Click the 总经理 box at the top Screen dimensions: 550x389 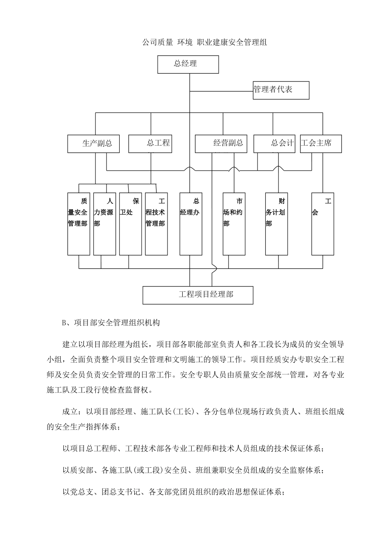(188, 64)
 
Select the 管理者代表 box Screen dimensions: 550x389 (281, 90)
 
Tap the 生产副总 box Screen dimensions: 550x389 (94, 144)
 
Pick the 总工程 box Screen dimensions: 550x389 (150, 144)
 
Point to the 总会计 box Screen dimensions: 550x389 (274, 144)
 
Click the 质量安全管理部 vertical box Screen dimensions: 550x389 (78, 224)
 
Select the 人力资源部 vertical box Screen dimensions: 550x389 (104, 224)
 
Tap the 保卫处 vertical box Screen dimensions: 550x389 (130, 224)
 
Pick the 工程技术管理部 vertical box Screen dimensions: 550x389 (156, 224)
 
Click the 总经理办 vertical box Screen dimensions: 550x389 (191, 224)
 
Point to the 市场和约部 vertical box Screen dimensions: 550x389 (234, 224)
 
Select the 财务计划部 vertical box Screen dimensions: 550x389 (276, 224)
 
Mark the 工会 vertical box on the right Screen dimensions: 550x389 (322, 224)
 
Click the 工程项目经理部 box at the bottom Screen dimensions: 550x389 (198, 295)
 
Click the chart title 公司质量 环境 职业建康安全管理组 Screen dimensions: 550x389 (204, 42)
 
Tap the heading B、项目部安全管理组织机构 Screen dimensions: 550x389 (111, 323)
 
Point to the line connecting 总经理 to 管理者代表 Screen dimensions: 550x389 (221, 90)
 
